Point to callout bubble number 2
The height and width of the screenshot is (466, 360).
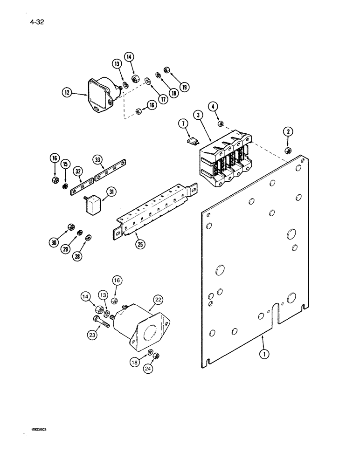[289, 132]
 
